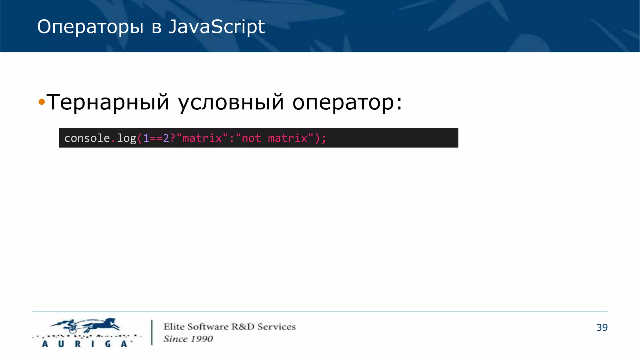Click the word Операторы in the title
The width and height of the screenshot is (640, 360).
90,27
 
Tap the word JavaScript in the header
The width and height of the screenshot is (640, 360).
217,27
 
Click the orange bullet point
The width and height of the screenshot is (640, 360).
42,102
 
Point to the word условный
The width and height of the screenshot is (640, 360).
231,102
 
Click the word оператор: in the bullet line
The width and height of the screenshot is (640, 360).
347,102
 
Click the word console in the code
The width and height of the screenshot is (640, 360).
87,138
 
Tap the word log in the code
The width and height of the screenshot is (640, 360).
127,138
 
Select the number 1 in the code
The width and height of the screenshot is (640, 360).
146,138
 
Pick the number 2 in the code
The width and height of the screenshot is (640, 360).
166,138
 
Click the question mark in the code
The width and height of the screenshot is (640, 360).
172,138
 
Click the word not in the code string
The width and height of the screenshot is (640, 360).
251,138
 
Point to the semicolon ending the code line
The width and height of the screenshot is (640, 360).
323,138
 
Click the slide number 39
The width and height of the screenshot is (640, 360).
602,327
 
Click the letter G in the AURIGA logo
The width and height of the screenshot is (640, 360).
108,344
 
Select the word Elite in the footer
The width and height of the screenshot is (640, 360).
174,327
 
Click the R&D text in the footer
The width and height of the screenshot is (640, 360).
243,327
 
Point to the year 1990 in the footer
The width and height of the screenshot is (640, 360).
202,339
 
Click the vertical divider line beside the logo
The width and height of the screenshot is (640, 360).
152,332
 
